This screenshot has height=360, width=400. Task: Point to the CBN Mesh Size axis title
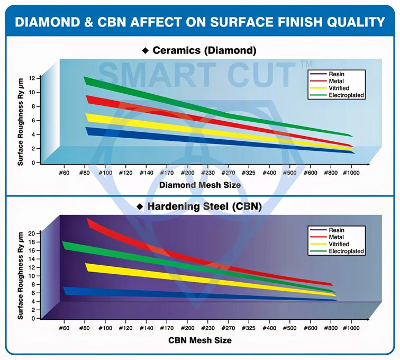200,340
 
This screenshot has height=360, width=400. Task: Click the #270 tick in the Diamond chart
228,173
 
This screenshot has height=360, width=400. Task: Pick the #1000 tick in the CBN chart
351,328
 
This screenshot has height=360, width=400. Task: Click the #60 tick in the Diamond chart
63,173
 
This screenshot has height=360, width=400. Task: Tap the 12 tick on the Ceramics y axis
32,78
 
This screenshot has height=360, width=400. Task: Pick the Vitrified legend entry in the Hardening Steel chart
339,244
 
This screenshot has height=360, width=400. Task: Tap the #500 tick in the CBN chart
289,328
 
